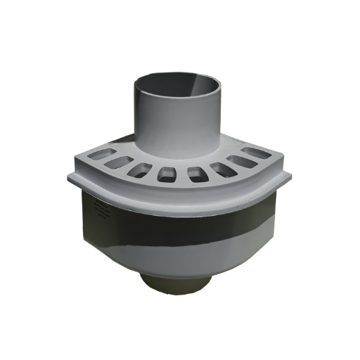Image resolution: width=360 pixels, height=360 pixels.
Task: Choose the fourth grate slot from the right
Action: point(196,175)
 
